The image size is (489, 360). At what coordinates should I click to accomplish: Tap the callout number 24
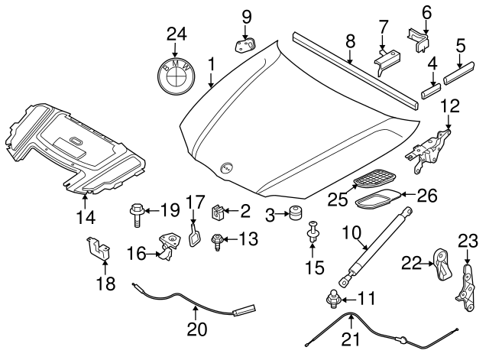click(x=177, y=34)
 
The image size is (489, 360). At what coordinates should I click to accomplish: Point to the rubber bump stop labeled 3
click(x=293, y=215)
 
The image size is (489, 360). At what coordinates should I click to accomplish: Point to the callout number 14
click(x=86, y=218)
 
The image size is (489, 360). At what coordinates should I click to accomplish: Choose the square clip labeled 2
click(x=219, y=208)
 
